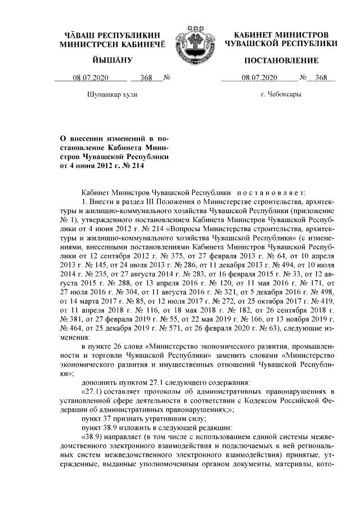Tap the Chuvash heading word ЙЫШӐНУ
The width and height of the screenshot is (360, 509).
(x=112, y=60)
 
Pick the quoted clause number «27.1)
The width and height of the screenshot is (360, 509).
(x=94, y=391)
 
